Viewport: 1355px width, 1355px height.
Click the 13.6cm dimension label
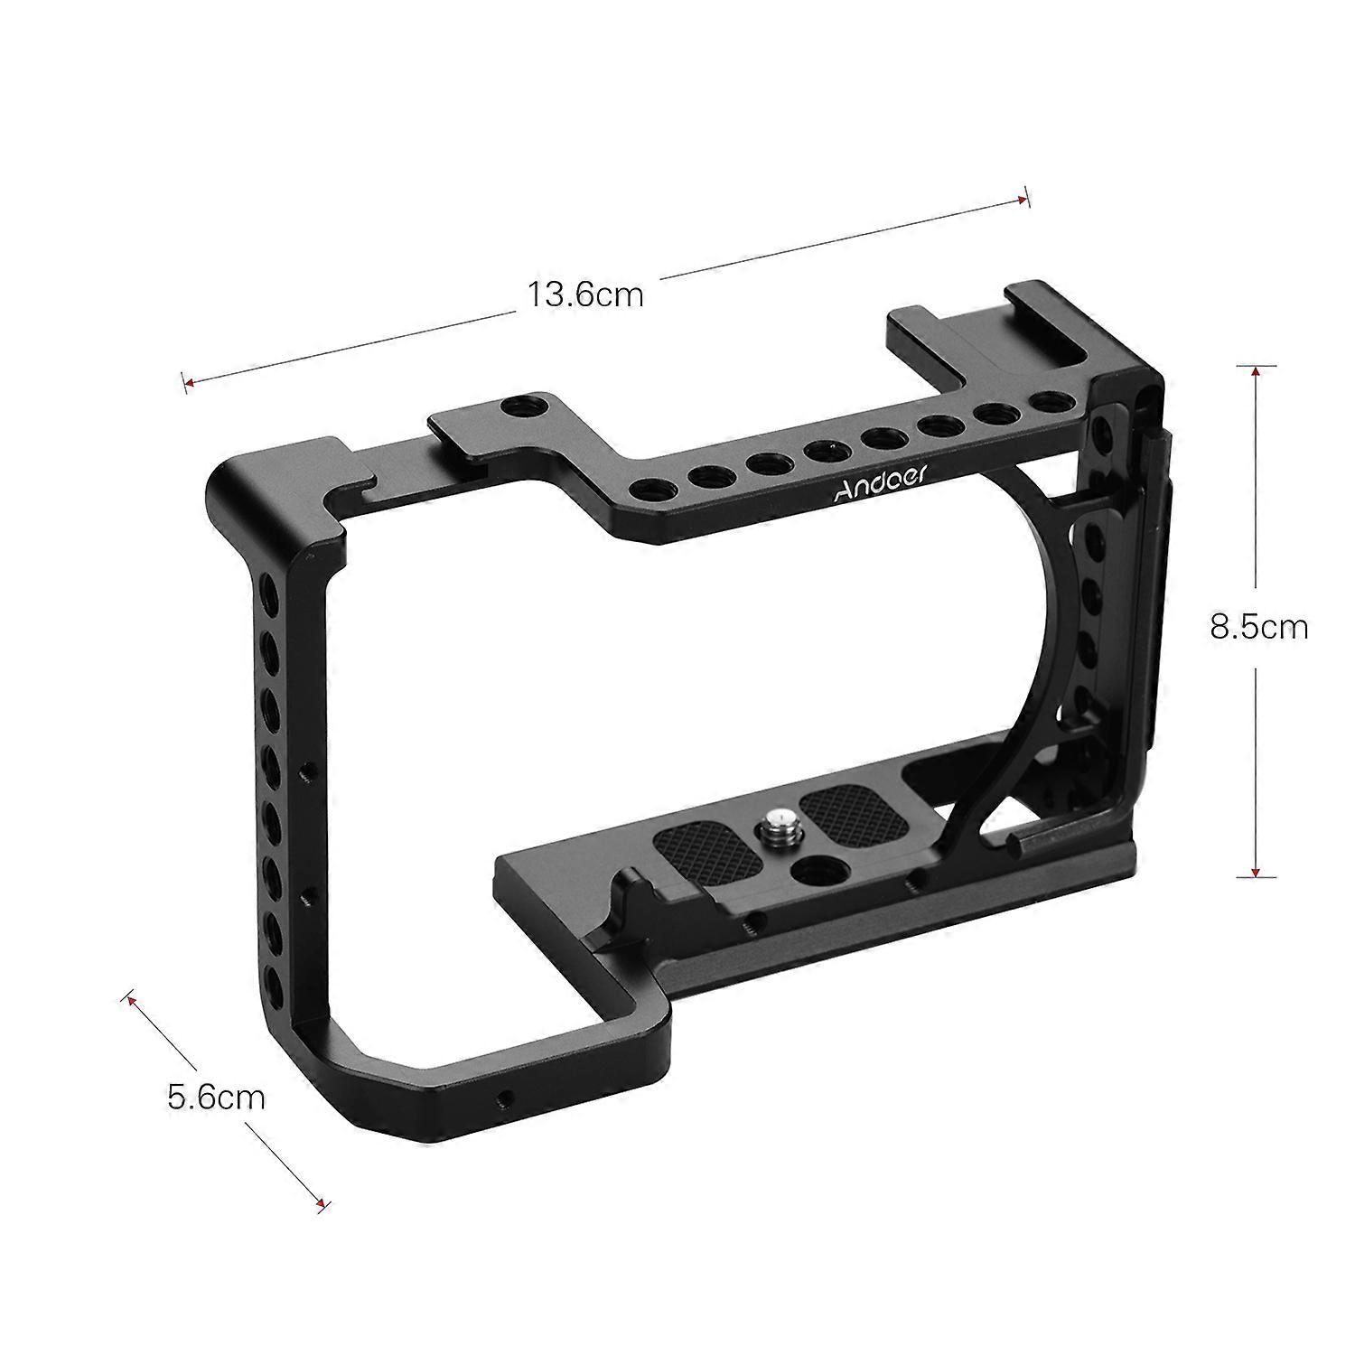[x=585, y=294]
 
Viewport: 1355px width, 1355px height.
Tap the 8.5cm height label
[x=1258, y=626]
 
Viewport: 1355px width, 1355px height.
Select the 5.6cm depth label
[x=217, y=1097]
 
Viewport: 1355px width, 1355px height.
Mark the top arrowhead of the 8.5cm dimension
[x=1255, y=370]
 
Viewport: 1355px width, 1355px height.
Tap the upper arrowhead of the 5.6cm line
[x=129, y=1000]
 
